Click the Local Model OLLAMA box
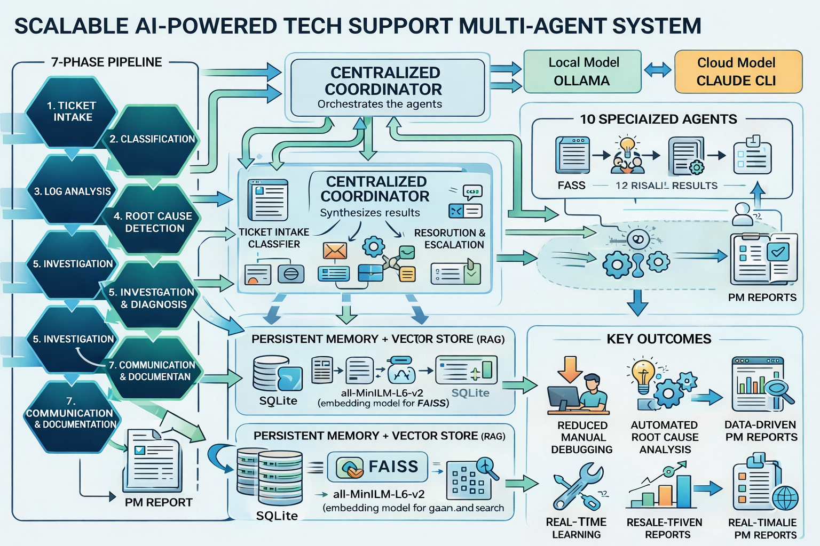coord(582,71)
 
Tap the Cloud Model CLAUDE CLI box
coord(738,71)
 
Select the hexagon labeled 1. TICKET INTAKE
coord(72,112)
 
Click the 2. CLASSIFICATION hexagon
coord(152,140)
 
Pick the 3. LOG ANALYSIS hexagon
coord(72,191)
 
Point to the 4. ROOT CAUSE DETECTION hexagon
coord(153,222)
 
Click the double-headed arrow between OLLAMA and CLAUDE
coord(658,70)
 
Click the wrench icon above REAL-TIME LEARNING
coord(578,486)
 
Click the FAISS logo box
coord(377,467)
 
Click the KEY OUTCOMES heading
coord(659,339)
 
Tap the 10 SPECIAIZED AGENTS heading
coord(658,119)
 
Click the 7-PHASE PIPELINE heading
coord(106,62)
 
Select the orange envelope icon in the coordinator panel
coord(335,250)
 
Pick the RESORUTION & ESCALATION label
coord(450,239)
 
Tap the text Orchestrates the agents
coord(380,104)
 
